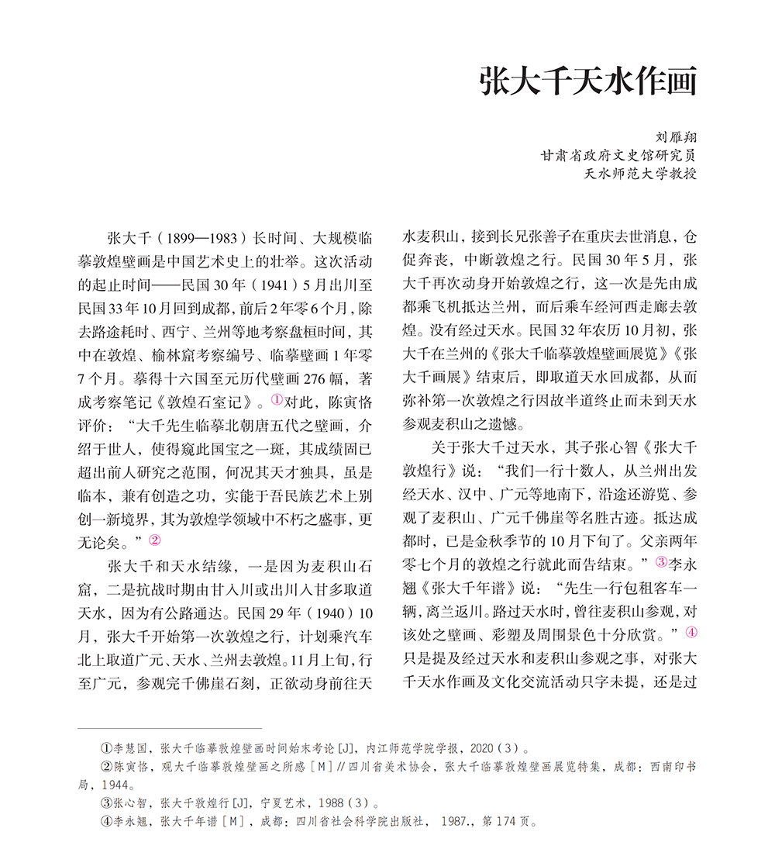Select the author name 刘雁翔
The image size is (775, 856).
676,136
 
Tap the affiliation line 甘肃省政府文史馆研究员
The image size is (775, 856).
618,155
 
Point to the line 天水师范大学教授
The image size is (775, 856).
640,173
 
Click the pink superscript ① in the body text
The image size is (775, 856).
277,400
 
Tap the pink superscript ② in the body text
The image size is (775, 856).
154,541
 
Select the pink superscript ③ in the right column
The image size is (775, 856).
661,561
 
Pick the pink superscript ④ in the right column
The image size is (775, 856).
691,633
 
